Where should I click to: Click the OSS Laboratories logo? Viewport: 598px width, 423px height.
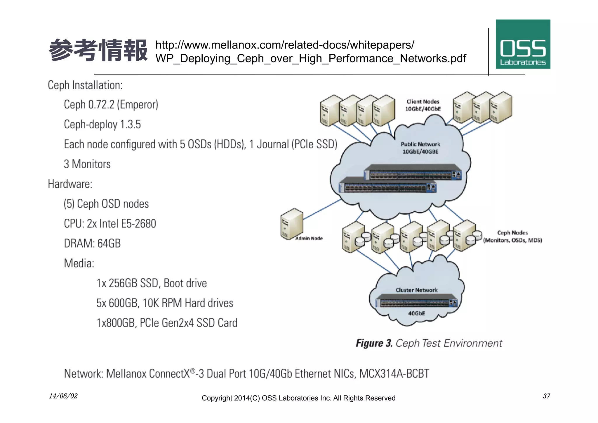[x=523, y=44]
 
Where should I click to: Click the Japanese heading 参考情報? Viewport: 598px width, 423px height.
[x=98, y=50]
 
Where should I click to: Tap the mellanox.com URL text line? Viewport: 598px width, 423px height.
[x=284, y=45]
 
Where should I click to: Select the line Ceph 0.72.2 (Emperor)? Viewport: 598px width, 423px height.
[x=111, y=105]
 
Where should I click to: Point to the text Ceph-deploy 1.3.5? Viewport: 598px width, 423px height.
[x=102, y=125]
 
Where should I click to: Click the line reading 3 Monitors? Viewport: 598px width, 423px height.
[x=87, y=164]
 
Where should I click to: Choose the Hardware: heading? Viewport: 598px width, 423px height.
[x=70, y=184]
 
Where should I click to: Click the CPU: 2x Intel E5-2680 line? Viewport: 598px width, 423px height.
[x=110, y=224]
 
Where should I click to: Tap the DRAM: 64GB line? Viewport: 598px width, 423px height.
[x=92, y=244]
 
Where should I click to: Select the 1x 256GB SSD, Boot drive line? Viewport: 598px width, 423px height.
[x=152, y=283]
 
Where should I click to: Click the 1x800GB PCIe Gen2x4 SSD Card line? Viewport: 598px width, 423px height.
[x=167, y=323]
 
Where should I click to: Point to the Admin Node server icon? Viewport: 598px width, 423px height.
[x=291, y=224]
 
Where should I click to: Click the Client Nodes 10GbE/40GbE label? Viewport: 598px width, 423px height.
[x=423, y=105]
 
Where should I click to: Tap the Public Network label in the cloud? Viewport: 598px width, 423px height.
[x=420, y=148]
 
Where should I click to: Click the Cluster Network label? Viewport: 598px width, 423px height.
[x=416, y=290]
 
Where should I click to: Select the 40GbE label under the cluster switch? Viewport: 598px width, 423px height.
[x=416, y=313]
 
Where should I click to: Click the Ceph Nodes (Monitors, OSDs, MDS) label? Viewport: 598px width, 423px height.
[x=512, y=236]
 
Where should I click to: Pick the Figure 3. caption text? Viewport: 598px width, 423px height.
[x=429, y=343]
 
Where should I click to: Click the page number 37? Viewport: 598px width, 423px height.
[x=546, y=396]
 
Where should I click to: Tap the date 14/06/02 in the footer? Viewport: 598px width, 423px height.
[x=63, y=396]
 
